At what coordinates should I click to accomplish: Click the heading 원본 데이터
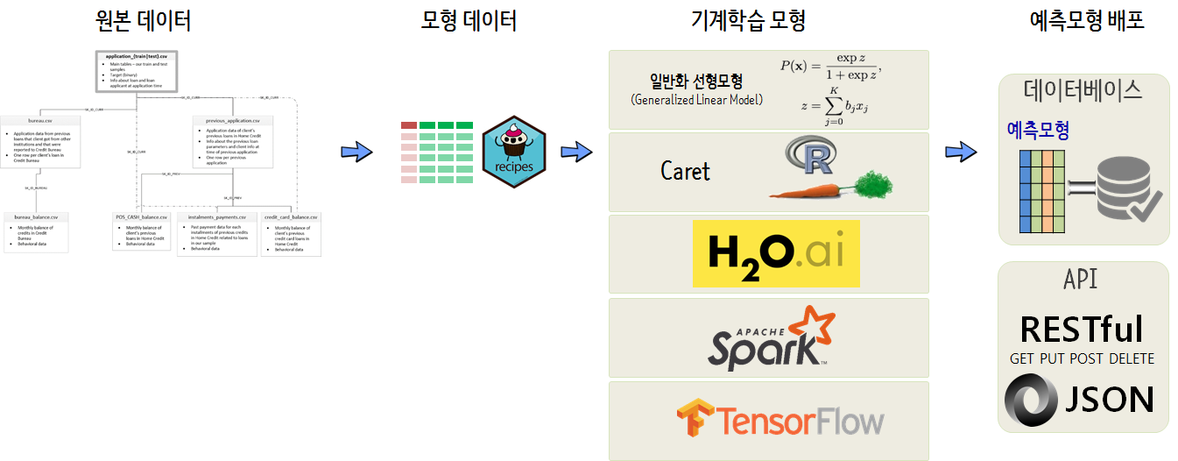[142, 21]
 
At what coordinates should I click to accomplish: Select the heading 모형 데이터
[469, 21]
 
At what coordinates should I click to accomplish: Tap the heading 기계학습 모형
[748, 21]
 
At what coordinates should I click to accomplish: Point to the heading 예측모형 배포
[1086, 21]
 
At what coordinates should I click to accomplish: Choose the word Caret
[685, 171]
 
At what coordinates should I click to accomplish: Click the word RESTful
[1082, 330]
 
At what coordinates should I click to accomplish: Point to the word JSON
[1109, 399]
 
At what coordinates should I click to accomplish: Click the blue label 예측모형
[1038, 131]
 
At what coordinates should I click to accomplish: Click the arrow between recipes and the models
[575, 152]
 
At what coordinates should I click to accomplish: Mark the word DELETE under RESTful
[1128, 358]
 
